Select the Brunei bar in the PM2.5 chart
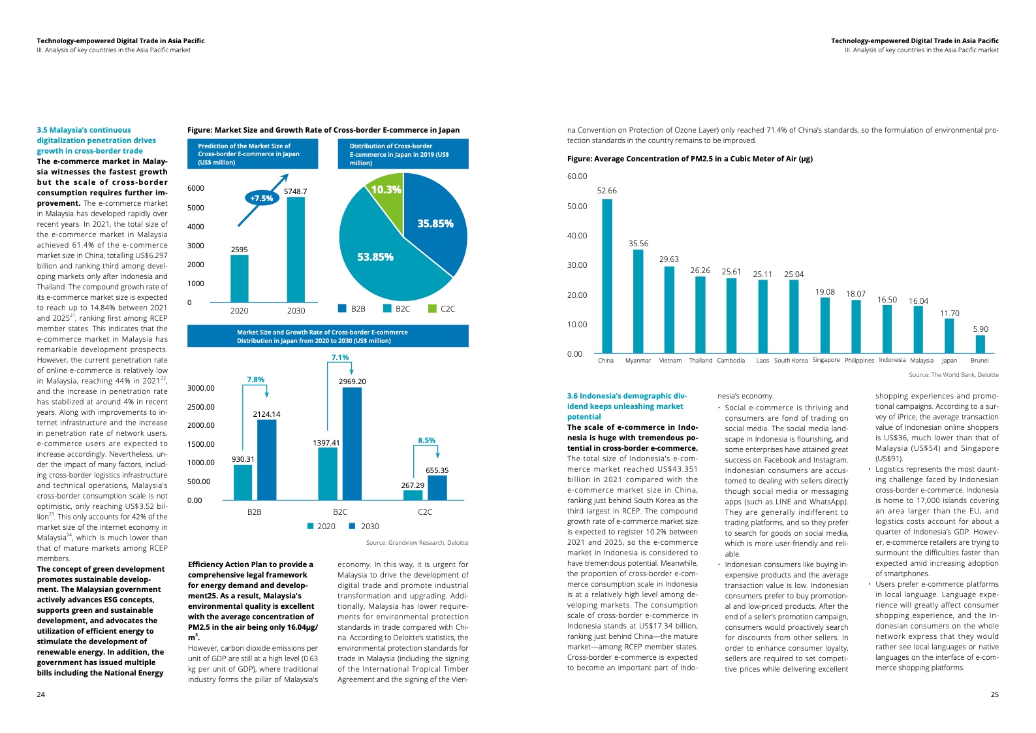coord(980,344)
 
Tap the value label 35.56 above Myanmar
coord(638,244)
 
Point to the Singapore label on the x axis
coord(826,360)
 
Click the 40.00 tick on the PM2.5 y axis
coord(576,236)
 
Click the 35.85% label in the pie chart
coord(435,223)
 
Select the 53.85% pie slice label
coord(375,257)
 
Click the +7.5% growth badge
coord(262,198)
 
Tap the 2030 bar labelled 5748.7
coord(296,249)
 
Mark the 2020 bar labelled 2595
coord(240,278)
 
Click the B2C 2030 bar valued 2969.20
coord(352,444)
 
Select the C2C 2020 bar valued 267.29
coord(413,495)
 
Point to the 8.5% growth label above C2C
coord(426,440)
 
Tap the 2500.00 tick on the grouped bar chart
coord(201,407)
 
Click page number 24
coord(41,694)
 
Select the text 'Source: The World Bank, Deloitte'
coord(953,375)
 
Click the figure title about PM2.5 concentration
coord(689,159)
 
